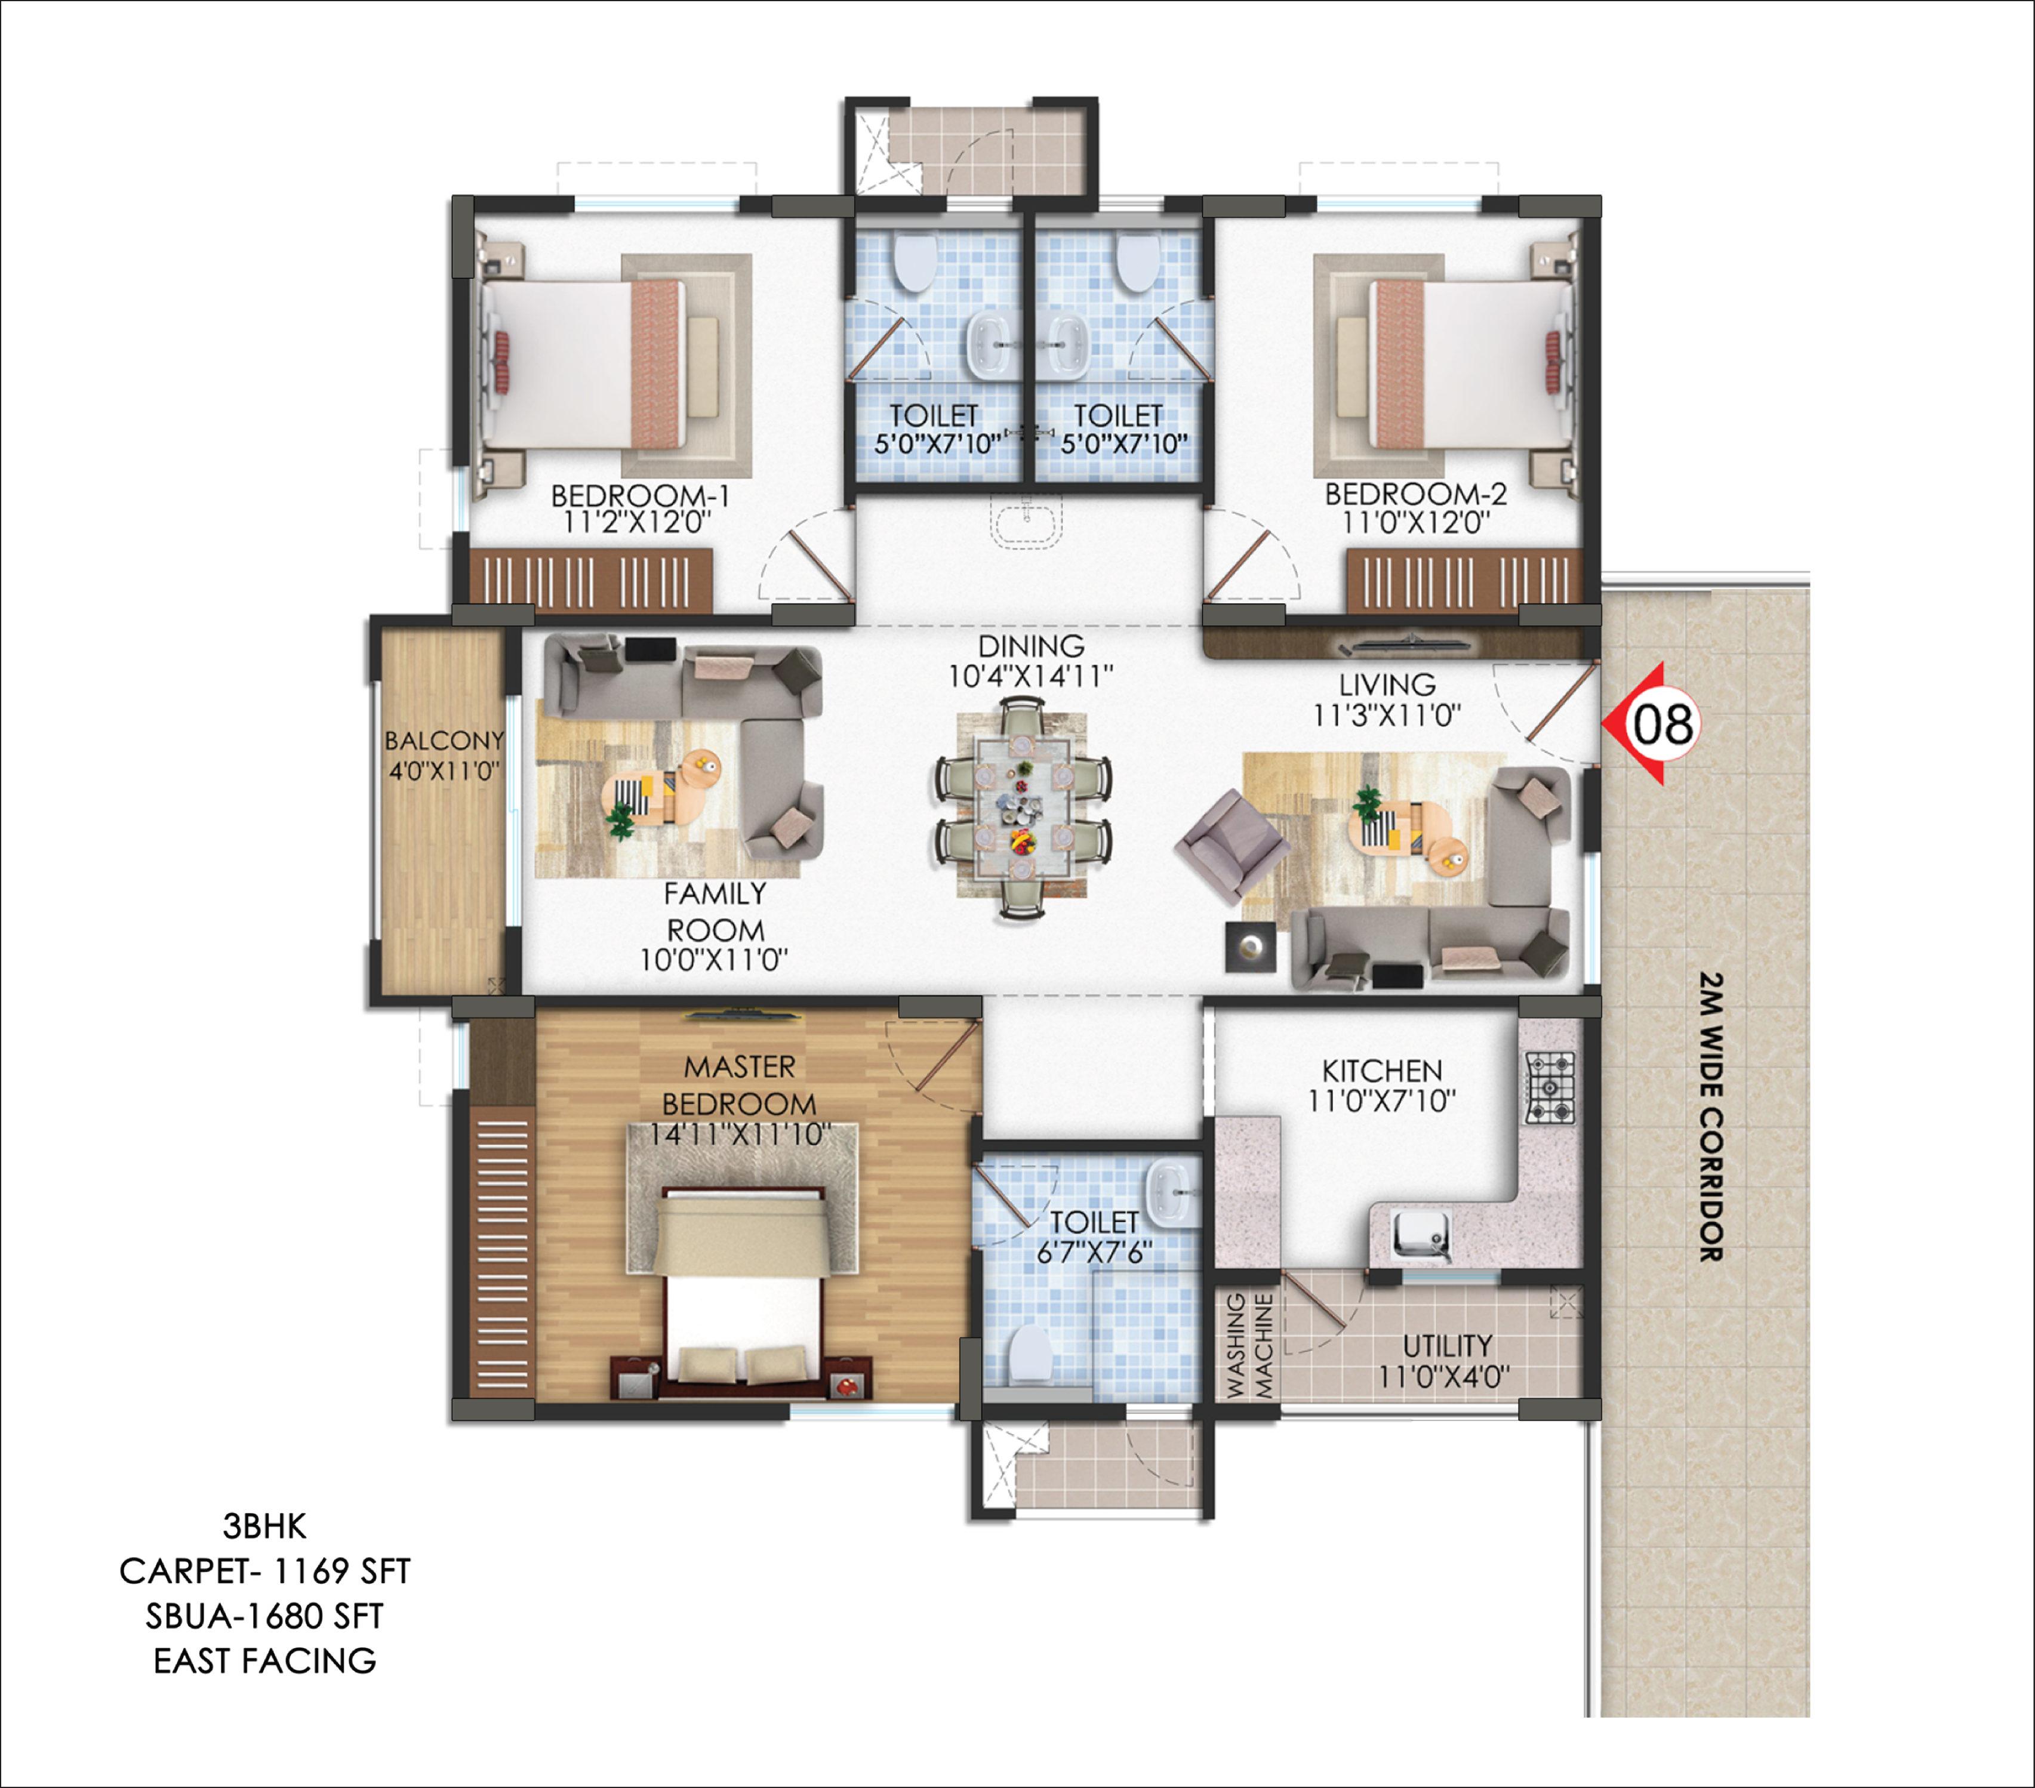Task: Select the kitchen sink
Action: [x=1421, y=1235]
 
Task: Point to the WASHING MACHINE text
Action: [x=1249, y=1345]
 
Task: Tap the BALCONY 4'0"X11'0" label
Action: [x=444, y=754]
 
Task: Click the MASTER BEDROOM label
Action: [x=739, y=1085]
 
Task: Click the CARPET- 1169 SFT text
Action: [x=265, y=1571]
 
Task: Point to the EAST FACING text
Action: [x=265, y=1660]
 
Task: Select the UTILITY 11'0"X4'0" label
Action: [x=1446, y=1361]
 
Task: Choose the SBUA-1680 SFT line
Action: [x=265, y=1616]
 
